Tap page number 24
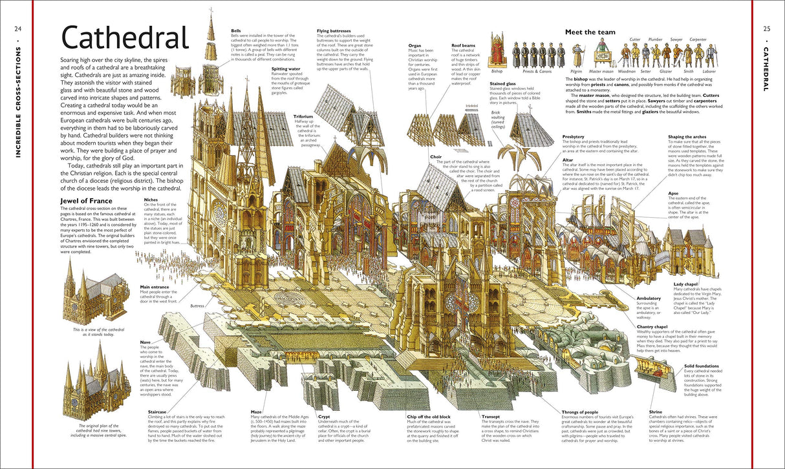click(18, 28)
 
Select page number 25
click(767, 28)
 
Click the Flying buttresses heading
click(334, 30)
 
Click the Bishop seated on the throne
click(497, 51)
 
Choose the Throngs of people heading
click(579, 411)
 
